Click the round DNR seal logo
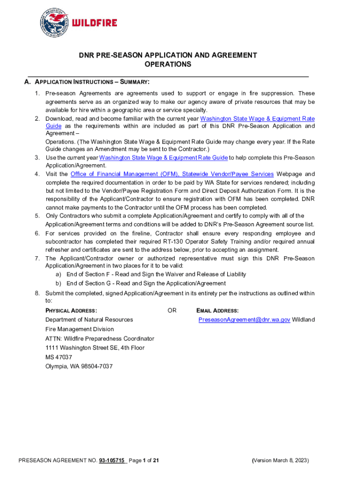56,23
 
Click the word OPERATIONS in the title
168,64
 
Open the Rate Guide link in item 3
164,158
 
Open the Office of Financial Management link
172,174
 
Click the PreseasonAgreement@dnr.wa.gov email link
244,319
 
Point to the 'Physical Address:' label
71,311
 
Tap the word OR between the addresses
172,311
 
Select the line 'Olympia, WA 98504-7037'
79,366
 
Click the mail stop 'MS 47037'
58,357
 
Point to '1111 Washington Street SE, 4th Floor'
95,348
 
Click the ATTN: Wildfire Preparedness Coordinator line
100,338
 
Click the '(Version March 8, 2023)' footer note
280,460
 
